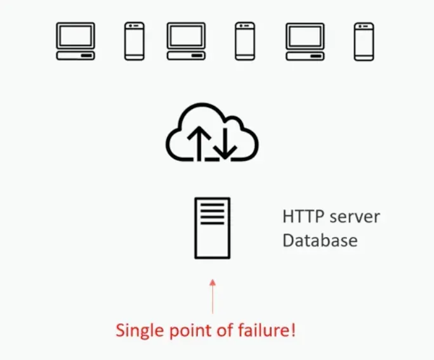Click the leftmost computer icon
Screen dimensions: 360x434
click(x=76, y=41)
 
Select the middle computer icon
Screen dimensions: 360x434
click(x=187, y=41)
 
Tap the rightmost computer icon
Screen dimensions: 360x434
click(x=305, y=41)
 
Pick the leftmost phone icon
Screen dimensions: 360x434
click(x=135, y=41)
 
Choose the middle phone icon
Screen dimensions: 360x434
click(x=244, y=41)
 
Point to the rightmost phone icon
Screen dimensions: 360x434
click(x=364, y=41)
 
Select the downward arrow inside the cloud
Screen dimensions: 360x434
click(x=226, y=142)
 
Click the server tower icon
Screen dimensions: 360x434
click(x=212, y=228)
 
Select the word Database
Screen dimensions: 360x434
click(x=320, y=241)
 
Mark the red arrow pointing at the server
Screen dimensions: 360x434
click(x=213, y=295)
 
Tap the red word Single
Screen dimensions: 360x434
click(x=136, y=330)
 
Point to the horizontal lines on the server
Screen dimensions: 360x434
click(x=212, y=213)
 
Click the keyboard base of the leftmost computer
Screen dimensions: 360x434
click(x=76, y=56)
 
